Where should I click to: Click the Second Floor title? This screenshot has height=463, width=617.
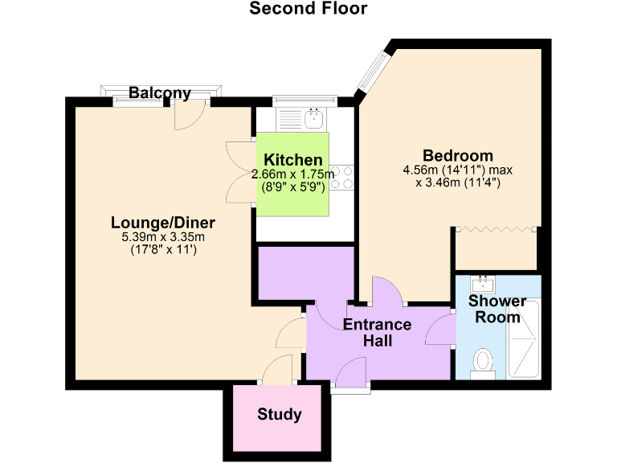[308, 9]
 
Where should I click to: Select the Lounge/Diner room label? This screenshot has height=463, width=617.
[163, 222]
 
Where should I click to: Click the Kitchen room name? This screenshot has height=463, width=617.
[293, 160]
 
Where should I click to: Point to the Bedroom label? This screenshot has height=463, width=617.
[458, 155]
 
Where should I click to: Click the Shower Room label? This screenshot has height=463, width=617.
[497, 309]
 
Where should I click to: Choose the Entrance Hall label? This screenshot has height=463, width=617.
[377, 333]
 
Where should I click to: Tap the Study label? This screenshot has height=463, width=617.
[280, 415]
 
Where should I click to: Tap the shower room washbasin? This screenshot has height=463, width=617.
[484, 283]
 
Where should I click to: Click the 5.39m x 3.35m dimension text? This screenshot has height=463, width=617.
[163, 237]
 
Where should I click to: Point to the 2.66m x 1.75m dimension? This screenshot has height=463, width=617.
[292, 174]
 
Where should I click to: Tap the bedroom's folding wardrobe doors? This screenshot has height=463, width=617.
[495, 230]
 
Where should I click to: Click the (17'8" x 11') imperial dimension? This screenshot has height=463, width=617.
[163, 250]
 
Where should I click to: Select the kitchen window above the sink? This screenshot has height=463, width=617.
[302, 100]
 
